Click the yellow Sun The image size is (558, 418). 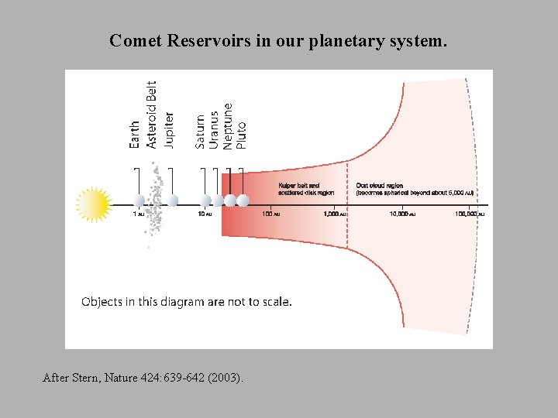pyautogui.click(x=94, y=204)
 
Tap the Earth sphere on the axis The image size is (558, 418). pyautogui.click(x=139, y=200)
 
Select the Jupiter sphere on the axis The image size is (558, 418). pyautogui.click(x=172, y=200)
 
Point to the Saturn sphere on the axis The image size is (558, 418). pyautogui.click(x=205, y=200)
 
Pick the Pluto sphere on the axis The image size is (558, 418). pyautogui.click(x=243, y=200)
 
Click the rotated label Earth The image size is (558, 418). pyautogui.click(x=136, y=135)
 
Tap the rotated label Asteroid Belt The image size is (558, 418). pyautogui.click(x=152, y=115)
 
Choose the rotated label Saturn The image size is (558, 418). pyautogui.click(x=201, y=132)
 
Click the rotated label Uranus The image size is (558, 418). pyautogui.click(x=214, y=130)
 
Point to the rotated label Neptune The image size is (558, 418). pyautogui.click(x=227, y=126)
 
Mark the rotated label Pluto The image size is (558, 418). pyautogui.click(x=241, y=135)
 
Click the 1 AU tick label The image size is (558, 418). pyautogui.click(x=138, y=214)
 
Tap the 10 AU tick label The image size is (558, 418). pyautogui.click(x=204, y=214)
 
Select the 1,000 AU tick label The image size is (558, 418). pyautogui.click(x=335, y=214)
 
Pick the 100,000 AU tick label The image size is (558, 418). pyautogui.click(x=470, y=214)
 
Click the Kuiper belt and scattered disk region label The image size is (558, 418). pyautogui.click(x=305, y=188)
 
